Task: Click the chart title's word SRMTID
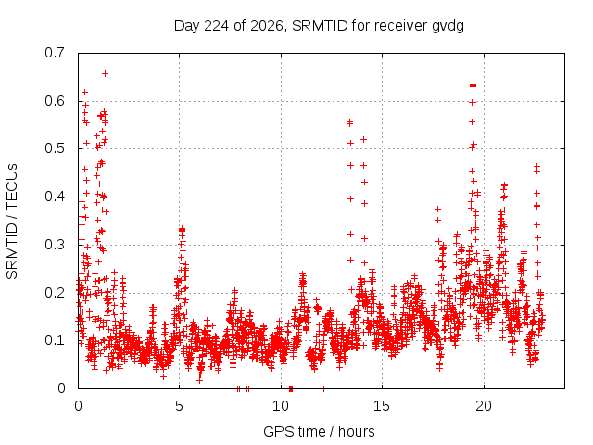click(320, 26)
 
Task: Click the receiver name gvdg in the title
click(448, 27)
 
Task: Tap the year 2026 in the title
click(267, 26)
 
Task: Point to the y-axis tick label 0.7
click(55, 53)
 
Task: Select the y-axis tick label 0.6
click(55, 101)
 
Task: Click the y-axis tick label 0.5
click(55, 148)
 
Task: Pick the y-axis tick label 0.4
click(55, 197)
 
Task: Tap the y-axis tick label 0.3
click(55, 245)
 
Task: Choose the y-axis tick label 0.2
click(55, 293)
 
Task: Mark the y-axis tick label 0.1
click(55, 340)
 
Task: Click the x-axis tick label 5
click(179, 406)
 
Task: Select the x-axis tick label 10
click(281, 406)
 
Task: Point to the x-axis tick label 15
click(382, 406)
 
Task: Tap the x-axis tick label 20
click(484, 406)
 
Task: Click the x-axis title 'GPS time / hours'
click(319, 432)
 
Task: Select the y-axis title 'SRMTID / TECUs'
click(12, 222)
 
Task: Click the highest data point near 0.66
click(105, 73)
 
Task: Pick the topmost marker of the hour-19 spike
click(473, 83)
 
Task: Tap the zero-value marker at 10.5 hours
click(290, 388)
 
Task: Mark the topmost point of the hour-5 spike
click(182, 229)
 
